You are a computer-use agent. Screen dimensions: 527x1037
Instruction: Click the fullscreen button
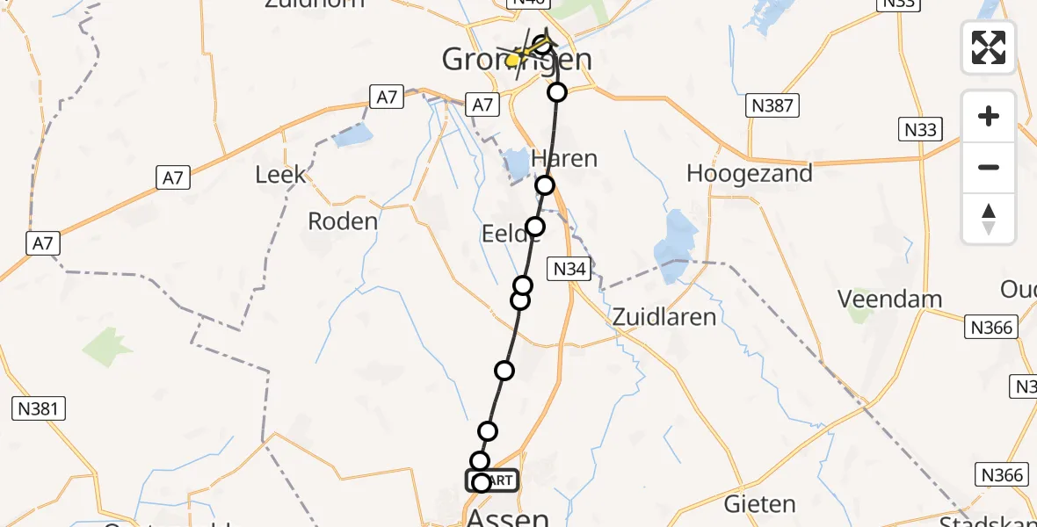[989, 47]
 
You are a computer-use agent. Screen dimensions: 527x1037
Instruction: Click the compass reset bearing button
[989, 219]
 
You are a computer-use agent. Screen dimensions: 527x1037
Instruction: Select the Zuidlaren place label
[664, 316]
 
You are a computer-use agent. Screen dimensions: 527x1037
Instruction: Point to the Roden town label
[343, 220]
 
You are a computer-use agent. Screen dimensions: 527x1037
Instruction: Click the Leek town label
[281, 174]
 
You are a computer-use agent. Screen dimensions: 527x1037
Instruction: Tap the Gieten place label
[759, 504]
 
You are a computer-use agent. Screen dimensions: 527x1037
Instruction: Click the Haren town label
[565, 159]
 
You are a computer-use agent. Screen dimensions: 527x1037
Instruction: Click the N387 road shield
[772, 106]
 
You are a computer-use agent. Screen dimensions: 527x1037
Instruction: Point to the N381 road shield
[40, 408]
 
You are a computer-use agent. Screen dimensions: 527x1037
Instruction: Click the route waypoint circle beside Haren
[546, 184]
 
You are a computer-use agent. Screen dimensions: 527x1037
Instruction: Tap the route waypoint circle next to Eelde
[534, 227]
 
